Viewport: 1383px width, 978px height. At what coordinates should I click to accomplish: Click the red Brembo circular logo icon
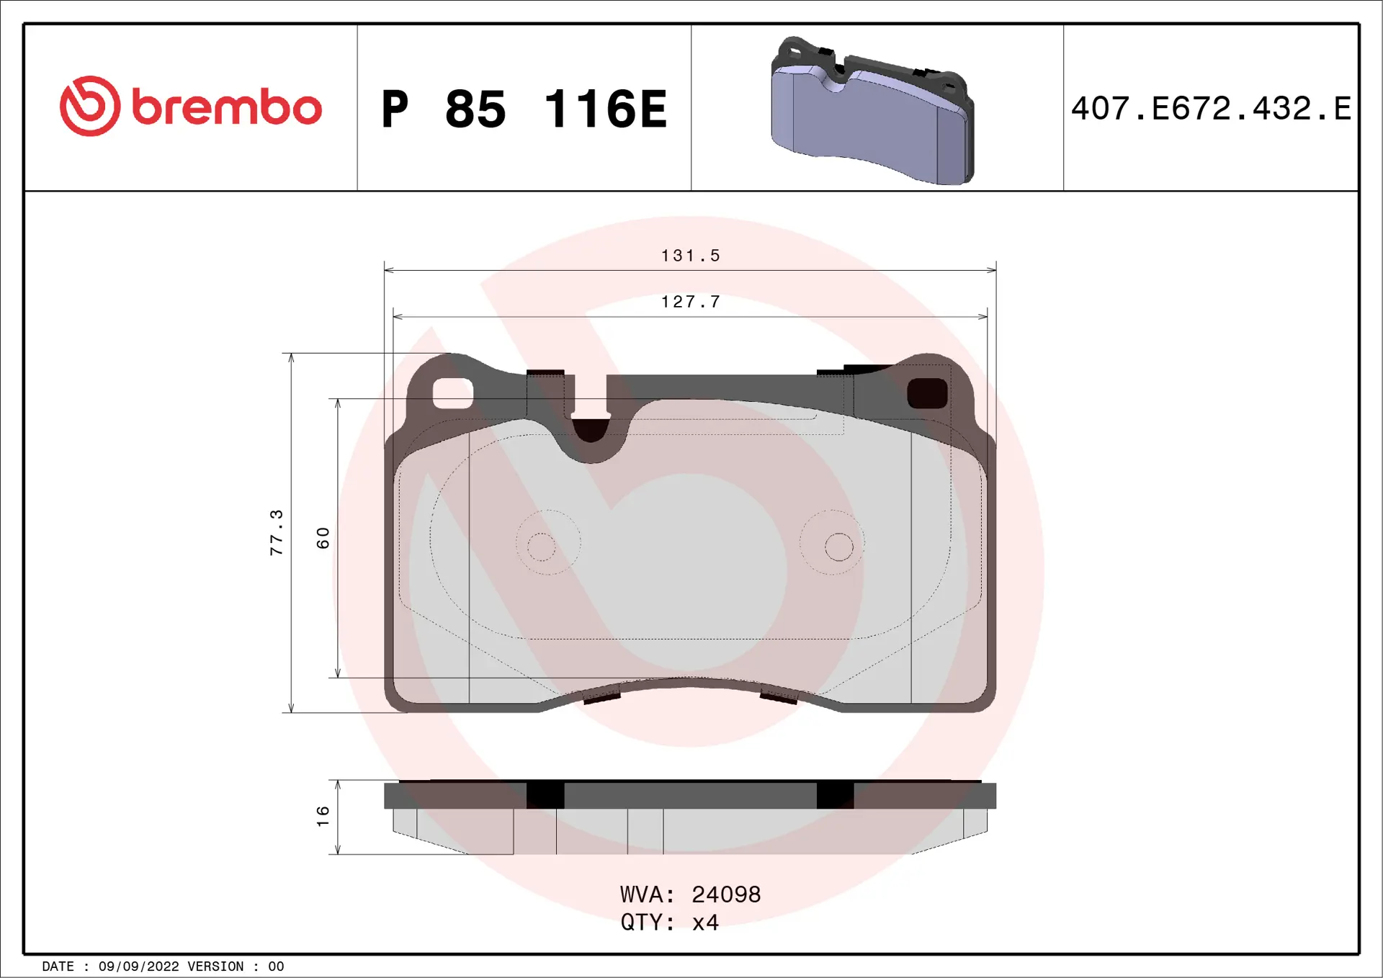(x=90, y=106)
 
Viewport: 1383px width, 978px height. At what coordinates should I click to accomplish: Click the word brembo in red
(x=226, y=108)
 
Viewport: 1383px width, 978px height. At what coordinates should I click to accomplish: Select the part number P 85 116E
(x=524, y=109)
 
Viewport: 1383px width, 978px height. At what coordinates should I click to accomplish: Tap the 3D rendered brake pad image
(x=872, y=112)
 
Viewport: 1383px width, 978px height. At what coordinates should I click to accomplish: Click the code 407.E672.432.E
(x=1211, y=109)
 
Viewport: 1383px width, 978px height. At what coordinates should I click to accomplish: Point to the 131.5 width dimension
(x=690, y=256)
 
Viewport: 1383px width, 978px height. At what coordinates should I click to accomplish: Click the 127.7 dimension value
(x=690, y=302)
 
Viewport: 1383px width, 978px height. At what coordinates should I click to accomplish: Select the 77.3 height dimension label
(x=277, y=532)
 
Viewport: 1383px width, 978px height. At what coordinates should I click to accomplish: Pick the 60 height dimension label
(x=323, y=537)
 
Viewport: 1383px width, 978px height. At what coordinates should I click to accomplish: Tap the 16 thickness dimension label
(x=323, y=816)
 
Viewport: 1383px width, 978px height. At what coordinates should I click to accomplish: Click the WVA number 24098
(x=725, y=894)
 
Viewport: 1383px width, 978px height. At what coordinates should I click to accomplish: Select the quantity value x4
(x=705, y=923)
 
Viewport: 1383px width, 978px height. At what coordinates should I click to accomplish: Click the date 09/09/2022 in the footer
(x=138, y=966)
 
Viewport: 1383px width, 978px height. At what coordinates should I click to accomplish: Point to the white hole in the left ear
(x=452, y=393)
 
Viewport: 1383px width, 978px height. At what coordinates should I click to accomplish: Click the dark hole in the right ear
(x=927, y=393)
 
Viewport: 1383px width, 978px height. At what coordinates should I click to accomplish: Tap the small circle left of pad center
(x=541, y=547)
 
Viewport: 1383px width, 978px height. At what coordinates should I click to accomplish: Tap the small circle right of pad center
(x=838, y=547)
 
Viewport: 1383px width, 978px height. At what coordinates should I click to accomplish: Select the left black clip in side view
(x=545, y=795)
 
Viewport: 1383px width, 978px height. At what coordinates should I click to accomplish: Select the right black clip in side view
(x=835, y=795)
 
